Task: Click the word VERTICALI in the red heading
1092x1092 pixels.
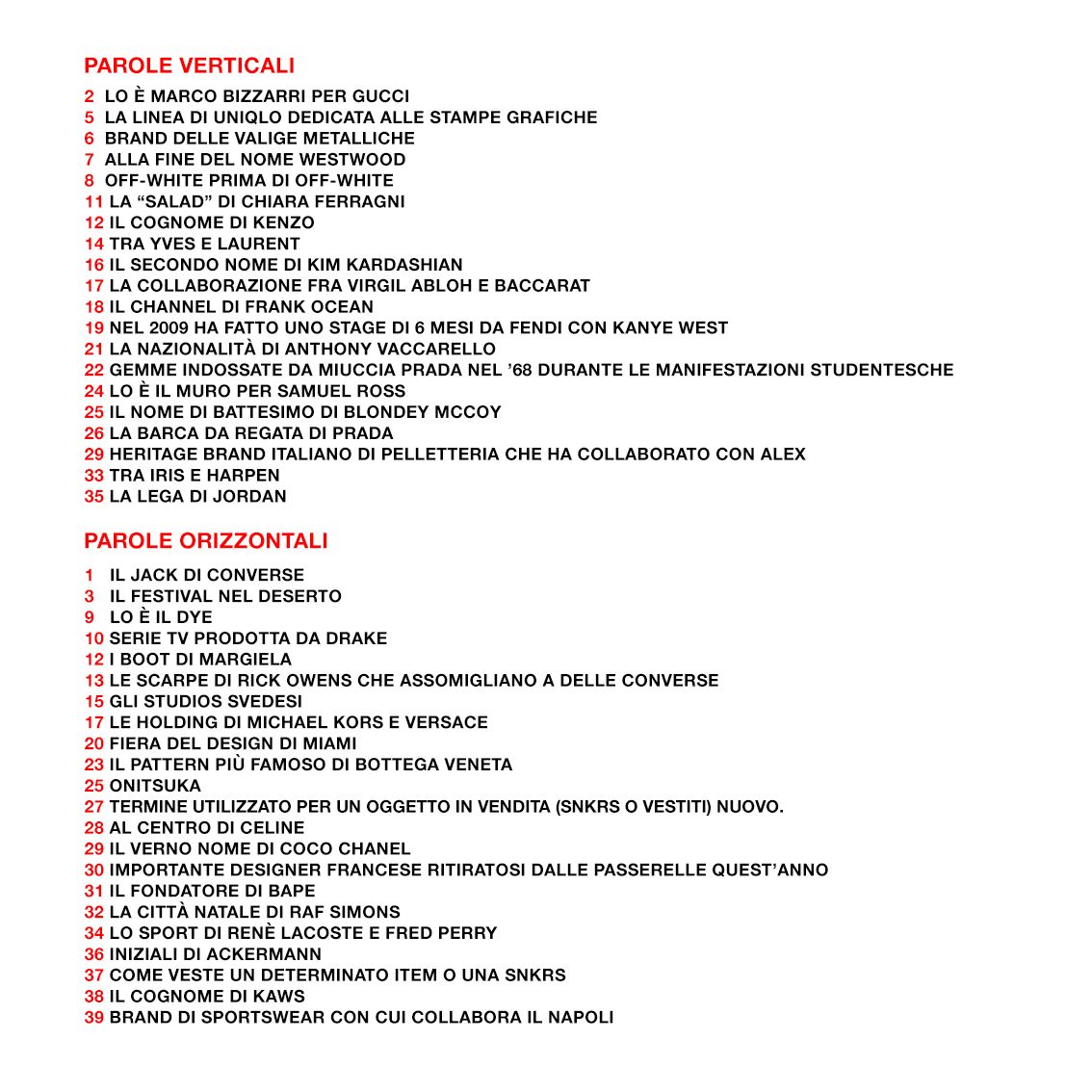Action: [x=237, y=65]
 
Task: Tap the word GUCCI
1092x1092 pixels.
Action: [x=380, y=96]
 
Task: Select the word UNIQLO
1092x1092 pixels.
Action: [x=247, y=117]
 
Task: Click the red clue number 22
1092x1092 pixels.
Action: [x=93, y=370]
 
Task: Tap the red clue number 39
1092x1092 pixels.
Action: [x=93, y=1018]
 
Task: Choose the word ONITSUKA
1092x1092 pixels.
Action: [x=155, y=786]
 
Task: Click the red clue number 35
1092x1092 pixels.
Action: [x=93, y=497]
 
